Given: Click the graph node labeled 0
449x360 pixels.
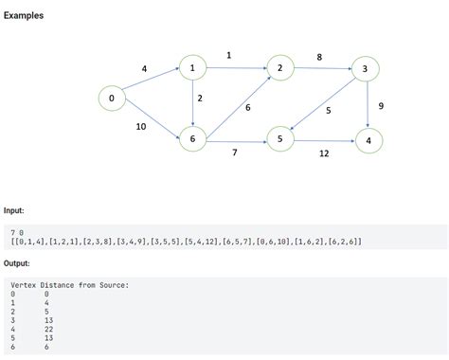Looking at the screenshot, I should coord(112,98).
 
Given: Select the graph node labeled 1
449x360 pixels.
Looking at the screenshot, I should coord(193,68).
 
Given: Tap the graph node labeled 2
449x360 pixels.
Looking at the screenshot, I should coord(280,68).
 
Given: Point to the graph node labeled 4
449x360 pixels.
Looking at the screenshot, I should coord(368,140).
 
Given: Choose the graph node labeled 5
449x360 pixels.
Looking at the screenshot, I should coord(280,140).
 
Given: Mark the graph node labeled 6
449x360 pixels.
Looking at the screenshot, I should coord(193,140).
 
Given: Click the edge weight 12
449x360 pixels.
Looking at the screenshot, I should coord(324,153).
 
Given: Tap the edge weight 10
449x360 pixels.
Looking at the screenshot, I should coord(141,126).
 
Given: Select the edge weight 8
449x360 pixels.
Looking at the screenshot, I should coord(319,57).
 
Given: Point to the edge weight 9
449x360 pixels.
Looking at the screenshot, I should coord(380,105).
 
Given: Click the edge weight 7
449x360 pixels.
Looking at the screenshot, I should coord(235,153).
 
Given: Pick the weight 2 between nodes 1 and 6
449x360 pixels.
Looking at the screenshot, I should coord(200,99).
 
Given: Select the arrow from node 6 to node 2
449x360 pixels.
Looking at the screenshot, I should coord(237,104).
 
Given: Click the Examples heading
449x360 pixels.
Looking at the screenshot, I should coord(24,16).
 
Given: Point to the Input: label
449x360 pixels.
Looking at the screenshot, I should coord(14,210).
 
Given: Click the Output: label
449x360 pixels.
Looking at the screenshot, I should coord(17,263).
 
